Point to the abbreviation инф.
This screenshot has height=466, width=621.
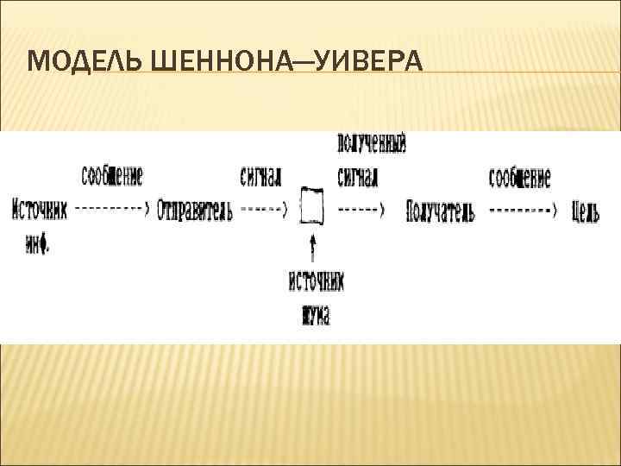coord(37,244)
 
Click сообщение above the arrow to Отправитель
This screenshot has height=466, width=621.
coord(112,178)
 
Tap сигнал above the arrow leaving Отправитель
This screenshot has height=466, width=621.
coord(260,178)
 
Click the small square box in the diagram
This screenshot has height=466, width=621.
coord(312,207)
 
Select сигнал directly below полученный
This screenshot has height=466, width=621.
coord(357,178)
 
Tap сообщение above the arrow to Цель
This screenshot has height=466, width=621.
coord(519,178)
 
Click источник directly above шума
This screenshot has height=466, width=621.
coord(316,281)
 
